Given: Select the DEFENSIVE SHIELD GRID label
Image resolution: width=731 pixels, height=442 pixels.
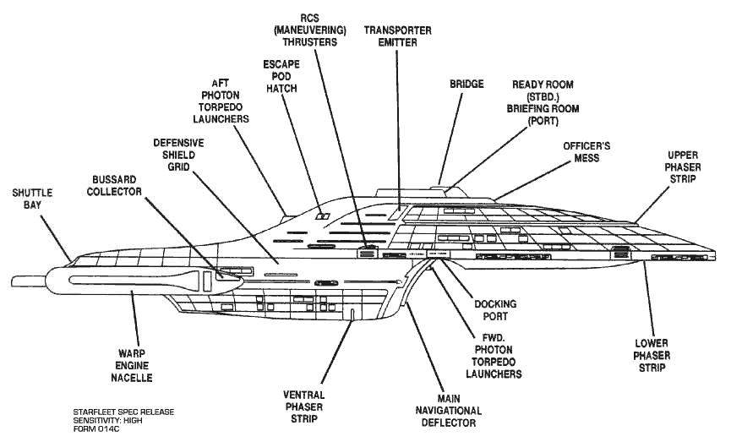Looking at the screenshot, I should (178, 156).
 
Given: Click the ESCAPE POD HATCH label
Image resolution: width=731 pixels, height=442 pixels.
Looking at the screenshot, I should (284, 75).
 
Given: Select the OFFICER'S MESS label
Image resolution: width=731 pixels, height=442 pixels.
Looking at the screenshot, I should (586, 152).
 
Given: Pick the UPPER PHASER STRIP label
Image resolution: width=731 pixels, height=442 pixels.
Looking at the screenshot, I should (682, 167).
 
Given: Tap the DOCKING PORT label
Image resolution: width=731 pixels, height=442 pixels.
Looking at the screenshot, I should (495, 310).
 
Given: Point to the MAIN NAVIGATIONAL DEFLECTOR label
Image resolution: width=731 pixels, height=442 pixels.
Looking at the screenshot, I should (448, 411).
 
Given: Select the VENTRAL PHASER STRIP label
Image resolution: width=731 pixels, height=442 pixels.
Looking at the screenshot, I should (303, 407).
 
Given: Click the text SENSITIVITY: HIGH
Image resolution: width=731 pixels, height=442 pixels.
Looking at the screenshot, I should (113, 419).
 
